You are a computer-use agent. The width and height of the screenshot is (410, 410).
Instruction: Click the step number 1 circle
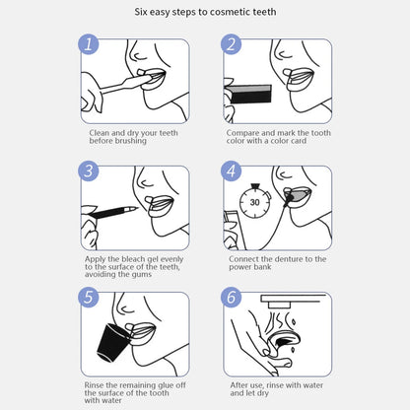tap(89, 44)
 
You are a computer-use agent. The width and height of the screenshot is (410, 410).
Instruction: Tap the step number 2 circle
tap(231, 44)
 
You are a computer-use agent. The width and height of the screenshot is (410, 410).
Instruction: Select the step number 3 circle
tap(89, 171)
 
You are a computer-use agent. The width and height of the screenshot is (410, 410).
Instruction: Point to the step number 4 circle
tap(231, 171)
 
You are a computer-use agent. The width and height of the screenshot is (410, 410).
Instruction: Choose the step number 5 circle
tap(89, 297)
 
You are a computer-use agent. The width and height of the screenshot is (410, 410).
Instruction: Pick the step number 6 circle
tap(231, 297)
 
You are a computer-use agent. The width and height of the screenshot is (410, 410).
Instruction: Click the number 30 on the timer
tap(254, 202)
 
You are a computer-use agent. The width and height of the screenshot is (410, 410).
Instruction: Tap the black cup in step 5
tap(111, 342)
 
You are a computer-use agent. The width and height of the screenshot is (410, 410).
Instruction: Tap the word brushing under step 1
tap(127, 141)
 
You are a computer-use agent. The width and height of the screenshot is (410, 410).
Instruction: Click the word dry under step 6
tap(263, 393)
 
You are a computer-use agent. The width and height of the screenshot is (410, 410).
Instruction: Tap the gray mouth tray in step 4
tap(300, 195)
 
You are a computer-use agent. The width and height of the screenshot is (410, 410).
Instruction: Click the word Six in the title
tap(141, 12)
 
